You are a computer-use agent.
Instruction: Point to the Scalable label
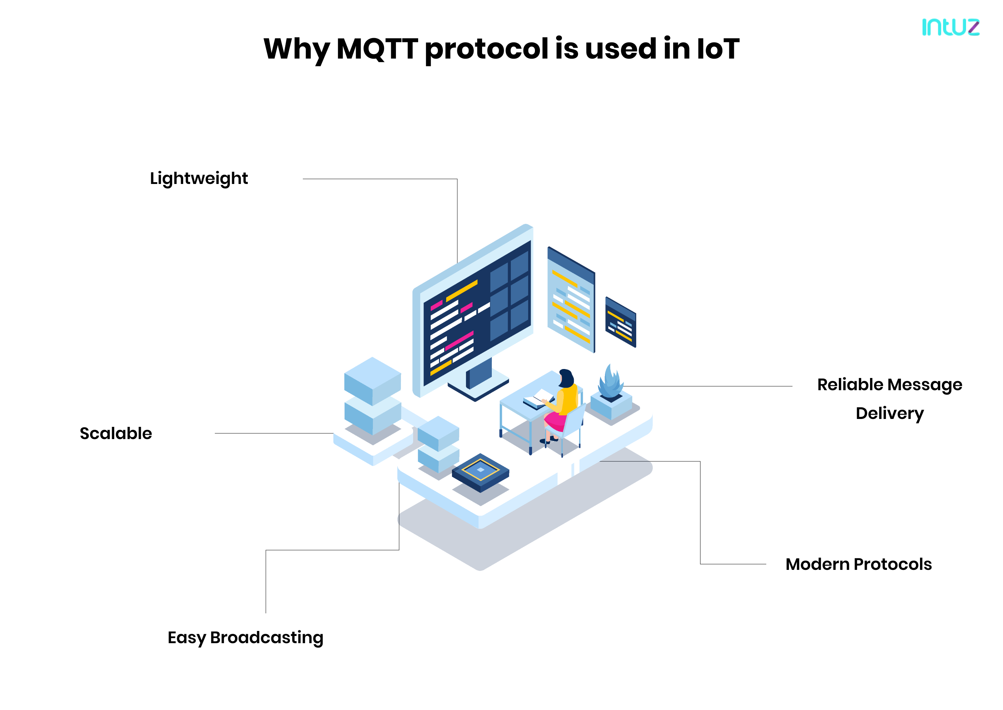pyautogui.click(x=116, y=433)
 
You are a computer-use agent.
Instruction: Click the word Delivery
pyautogui.click(x=889, y=414)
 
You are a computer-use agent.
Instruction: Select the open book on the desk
pyautogui.click(x=538, y=398)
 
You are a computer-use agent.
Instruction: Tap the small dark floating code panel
pyautogui.click(x=621, y=322)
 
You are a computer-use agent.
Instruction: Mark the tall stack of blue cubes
pyautogui.click(x=373, y=396)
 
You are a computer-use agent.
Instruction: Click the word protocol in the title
pyautogui.click(x=486, y=49)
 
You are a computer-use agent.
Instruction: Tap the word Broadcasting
pyautogui.click(x=267, y=638)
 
